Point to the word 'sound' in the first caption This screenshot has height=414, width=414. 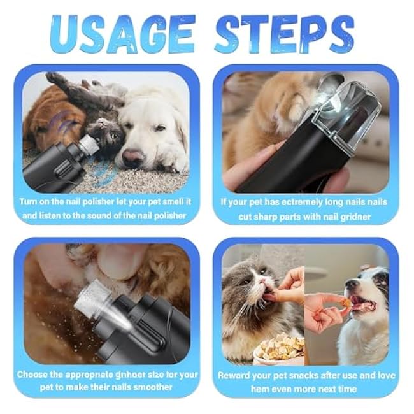click(x=100, y=215)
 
